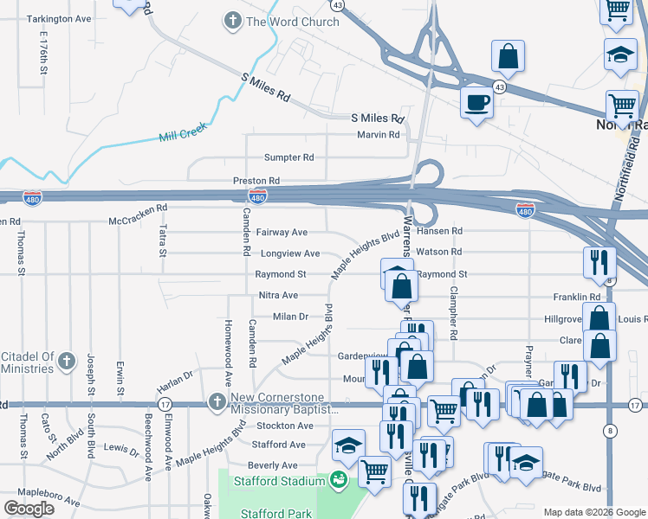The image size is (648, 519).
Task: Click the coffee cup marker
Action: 476,104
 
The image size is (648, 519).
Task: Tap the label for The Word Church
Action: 293,22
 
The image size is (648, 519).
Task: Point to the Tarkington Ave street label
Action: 59,18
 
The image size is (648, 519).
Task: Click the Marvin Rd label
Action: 379,135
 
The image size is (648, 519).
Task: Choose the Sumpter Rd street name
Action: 289,157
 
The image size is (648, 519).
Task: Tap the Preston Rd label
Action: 256,181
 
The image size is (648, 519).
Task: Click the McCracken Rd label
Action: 138,221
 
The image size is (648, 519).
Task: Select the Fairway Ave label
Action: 282,233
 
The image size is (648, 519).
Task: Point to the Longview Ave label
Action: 289,253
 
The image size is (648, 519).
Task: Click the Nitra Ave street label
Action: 278,295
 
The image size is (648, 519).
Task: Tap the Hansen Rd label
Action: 440,232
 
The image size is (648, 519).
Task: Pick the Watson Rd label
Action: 439,252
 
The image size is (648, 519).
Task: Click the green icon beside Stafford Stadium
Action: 339,478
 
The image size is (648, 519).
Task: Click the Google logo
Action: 29,508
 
